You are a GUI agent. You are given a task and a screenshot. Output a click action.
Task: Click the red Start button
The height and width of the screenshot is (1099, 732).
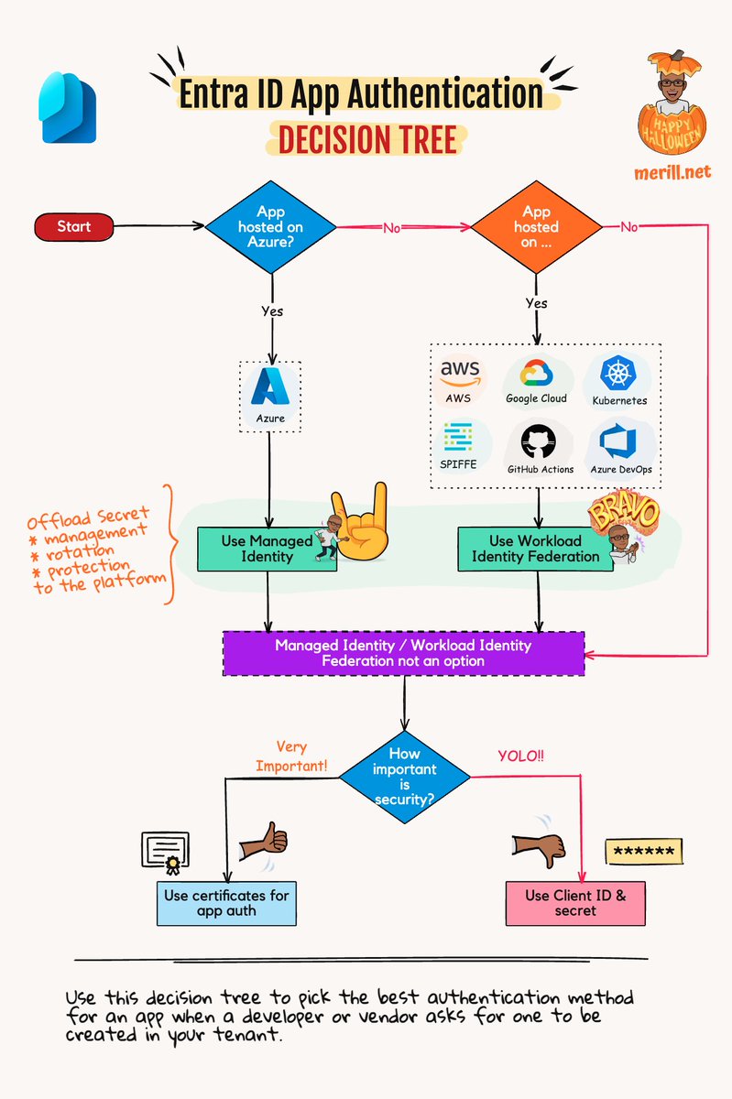coord(74,226)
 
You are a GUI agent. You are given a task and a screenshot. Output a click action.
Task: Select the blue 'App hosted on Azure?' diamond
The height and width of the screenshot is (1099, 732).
coord(270,226)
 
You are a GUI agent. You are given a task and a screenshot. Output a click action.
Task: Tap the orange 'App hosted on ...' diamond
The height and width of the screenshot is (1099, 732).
coord(536,226)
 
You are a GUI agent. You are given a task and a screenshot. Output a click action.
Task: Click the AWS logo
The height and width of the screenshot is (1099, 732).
coord(460,373)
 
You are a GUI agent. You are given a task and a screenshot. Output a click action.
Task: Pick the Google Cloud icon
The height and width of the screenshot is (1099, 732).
coord(536,373)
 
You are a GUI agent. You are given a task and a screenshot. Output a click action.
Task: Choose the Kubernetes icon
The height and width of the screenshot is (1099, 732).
coord(619,373)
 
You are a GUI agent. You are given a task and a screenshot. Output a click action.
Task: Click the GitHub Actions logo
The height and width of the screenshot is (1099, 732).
coord(541,441)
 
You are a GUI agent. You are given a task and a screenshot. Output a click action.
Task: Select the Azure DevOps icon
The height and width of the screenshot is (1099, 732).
coord(619,441)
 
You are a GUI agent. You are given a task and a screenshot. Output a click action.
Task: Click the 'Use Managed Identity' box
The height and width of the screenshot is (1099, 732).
coord(267,549)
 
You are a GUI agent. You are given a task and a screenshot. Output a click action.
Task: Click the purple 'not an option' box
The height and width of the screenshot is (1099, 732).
coord(403,653)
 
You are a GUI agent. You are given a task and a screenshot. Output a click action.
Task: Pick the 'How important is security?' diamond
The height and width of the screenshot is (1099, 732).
coord(404,777)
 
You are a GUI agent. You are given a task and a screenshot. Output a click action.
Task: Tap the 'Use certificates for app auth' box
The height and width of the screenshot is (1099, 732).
coord(225,903)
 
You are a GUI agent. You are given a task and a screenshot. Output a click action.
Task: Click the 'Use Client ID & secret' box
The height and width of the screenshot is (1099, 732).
coord(575,903)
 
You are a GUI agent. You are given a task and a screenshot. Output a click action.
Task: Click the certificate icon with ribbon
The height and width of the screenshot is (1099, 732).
coord(165,851)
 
